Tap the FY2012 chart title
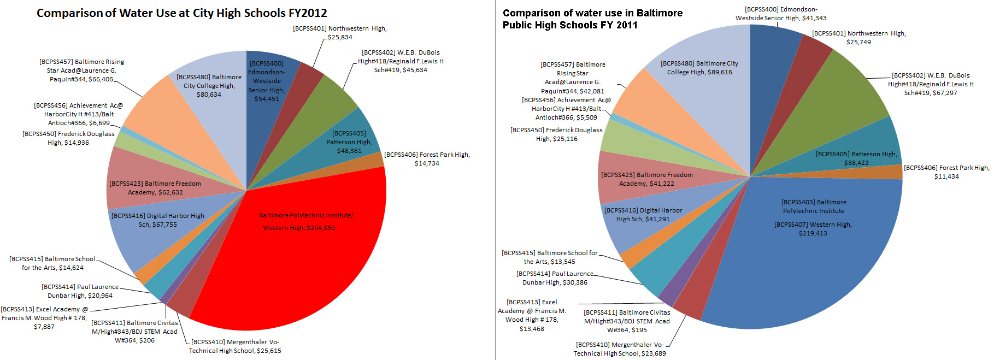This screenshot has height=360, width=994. pos(181,13)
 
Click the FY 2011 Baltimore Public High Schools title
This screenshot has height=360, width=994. pos(592,19)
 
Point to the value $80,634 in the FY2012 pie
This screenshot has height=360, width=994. pos(209,95)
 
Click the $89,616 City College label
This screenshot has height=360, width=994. pos(699,68)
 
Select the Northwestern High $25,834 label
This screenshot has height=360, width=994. pos(340,33)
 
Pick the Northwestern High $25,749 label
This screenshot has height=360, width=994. pos(858,38)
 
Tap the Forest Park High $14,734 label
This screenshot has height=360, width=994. pos(427,159)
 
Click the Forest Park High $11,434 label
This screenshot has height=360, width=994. pos(946,172)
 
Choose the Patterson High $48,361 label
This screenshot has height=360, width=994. pos(349,142)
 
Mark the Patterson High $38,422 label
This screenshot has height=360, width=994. pos(856,158)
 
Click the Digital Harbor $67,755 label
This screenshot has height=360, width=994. pos(157,220)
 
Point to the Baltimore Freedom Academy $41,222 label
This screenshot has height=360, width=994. pos(646,179)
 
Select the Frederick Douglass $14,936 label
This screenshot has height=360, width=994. pos(68,138)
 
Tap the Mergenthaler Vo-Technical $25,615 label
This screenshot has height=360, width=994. pos(235,346)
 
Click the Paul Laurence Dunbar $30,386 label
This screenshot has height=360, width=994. pos(555,278)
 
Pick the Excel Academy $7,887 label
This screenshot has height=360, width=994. pos(44,318)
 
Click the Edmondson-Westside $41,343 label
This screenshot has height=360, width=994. pos(781,14)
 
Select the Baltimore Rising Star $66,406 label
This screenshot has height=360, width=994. pos(81,70)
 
